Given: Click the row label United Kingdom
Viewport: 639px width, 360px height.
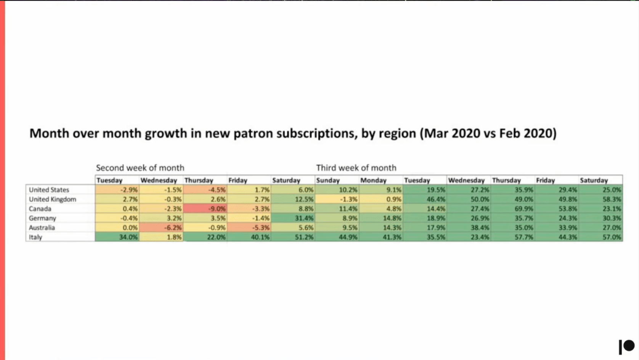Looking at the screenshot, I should (x=53, y=199).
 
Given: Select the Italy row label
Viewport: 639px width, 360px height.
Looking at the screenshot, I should (x=35, y=237).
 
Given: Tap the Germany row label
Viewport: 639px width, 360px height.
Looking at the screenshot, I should (x=42, y=218).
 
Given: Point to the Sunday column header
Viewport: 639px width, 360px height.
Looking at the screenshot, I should (x=328, y=180).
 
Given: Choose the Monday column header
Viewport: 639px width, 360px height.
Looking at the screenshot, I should (x=373, y=180).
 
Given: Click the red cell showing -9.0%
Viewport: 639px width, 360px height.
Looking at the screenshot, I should (x=205, y=209).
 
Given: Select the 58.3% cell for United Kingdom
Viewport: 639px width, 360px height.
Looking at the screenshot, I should (x=600, y=199).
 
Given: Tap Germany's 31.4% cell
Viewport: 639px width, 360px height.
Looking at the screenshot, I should (x=293, y=218).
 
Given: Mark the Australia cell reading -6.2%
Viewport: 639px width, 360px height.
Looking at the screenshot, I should (x=161, y=228).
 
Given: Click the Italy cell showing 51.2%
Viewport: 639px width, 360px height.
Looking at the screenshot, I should (x=293, y=237).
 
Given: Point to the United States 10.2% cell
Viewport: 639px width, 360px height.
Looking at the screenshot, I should (x=337, y=190).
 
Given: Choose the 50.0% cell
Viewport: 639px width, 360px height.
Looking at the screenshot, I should (x=469, y=199).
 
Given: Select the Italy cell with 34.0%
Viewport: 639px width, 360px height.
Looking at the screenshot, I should (x=117, y=237).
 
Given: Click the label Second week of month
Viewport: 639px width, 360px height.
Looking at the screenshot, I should (x=140, y=168).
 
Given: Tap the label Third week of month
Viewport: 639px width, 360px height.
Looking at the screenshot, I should (x=356, y=168).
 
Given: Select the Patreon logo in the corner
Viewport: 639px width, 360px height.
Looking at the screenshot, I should (x=626, y=346).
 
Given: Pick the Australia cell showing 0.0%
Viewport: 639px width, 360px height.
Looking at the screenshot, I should (x=117, y=228).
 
